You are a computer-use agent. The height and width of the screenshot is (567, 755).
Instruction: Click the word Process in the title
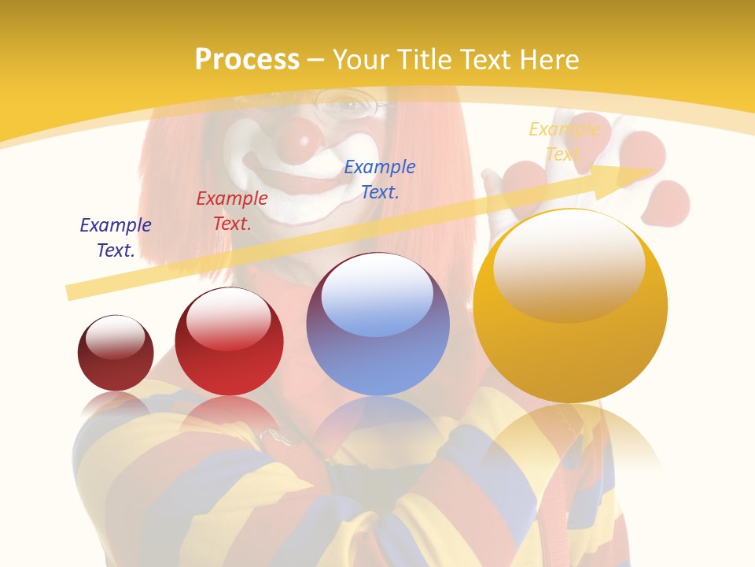pos(247,60)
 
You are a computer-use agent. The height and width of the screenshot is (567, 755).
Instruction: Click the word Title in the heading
pos(417,60)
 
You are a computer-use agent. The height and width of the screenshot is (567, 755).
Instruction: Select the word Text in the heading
pos(483,60)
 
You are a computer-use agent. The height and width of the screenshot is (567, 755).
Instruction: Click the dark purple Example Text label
pos(116,238)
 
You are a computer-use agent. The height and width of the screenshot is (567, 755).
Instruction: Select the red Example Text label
pos(232,211)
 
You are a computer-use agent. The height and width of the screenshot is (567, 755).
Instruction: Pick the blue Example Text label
pos(380,179)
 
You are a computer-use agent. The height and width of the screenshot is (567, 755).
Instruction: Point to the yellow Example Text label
pos(564,141)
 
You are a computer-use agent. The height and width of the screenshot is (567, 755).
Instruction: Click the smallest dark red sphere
pos(116,353)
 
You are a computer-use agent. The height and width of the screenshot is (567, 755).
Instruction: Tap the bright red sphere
pos(229,342)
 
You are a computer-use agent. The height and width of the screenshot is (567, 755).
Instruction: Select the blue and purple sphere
pos(377,324)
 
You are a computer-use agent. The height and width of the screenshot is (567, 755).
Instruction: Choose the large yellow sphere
pos(570,307)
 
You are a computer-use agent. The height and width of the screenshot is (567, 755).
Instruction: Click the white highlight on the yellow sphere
pos(569,264)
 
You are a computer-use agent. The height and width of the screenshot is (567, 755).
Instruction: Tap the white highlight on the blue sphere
pos(377,293)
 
